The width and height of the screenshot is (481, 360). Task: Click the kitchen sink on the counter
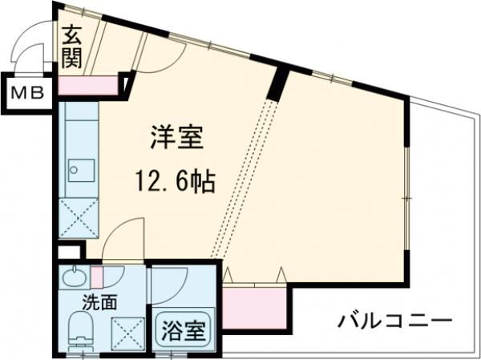(79, 171)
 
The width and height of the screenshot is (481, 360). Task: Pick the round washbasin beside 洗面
(74, 278)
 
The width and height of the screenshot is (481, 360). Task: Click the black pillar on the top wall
(277, 83)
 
